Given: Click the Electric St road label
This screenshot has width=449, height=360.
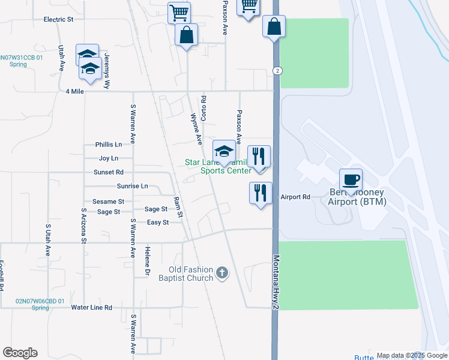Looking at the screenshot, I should tap(58, 19).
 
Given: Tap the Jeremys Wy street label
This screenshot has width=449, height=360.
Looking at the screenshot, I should tap(107, 63).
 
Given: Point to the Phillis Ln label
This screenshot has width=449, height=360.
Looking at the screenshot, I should tap(109, 145).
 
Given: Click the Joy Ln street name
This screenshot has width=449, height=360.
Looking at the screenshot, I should tap(109, 158).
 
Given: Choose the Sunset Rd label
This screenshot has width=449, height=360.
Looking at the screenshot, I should tap(108, 172).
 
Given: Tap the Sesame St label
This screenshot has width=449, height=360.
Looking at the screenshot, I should tap(108, 202).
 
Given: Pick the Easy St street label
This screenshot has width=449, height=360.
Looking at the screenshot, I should tap(158, 223).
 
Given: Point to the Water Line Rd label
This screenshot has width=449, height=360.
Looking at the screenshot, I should tap(91, 307).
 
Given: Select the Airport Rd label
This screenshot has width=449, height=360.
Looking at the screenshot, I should tap(295, 197).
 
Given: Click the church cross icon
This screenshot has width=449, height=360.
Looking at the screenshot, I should tap(222, 273).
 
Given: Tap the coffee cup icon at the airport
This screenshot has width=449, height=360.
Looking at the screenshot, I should tap(351, 179).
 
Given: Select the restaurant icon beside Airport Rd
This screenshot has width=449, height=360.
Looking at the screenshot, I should tap(261, 193).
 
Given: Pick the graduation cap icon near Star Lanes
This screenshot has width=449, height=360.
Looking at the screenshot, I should tap(224, 151).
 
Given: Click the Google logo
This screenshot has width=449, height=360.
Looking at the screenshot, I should tap(20, 353).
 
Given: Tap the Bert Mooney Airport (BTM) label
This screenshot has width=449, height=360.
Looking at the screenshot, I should tap(357, 197).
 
